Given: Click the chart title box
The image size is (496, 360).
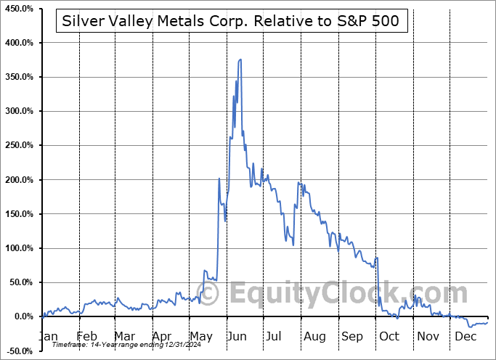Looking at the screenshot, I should tap(232, 21).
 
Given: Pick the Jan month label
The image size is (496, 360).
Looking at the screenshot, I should tap(48, 336).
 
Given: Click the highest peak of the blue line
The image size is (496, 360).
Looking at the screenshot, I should tap(240, 60).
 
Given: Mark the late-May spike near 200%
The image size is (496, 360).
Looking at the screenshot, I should tap(219, 179).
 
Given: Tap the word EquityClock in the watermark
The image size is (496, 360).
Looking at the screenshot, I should tap(349, 293).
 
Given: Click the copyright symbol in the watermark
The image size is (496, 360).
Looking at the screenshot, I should tap(209, 293).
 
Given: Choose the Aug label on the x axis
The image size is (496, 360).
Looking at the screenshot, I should tap(314, 336).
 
